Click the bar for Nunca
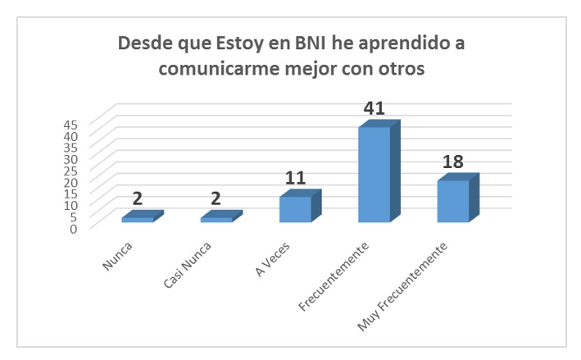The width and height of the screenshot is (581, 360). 138,219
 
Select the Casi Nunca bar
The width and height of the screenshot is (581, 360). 216,219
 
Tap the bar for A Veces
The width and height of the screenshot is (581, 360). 295,209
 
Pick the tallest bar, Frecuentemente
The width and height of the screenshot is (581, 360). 374,174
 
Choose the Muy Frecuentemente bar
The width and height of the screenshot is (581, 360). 452,201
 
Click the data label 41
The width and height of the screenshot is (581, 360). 374,108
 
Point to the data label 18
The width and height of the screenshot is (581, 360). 453,162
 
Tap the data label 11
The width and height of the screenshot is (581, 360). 296,178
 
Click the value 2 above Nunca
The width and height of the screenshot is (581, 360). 138,199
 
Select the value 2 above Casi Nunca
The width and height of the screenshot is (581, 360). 216,199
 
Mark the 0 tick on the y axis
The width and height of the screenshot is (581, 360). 74,228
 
